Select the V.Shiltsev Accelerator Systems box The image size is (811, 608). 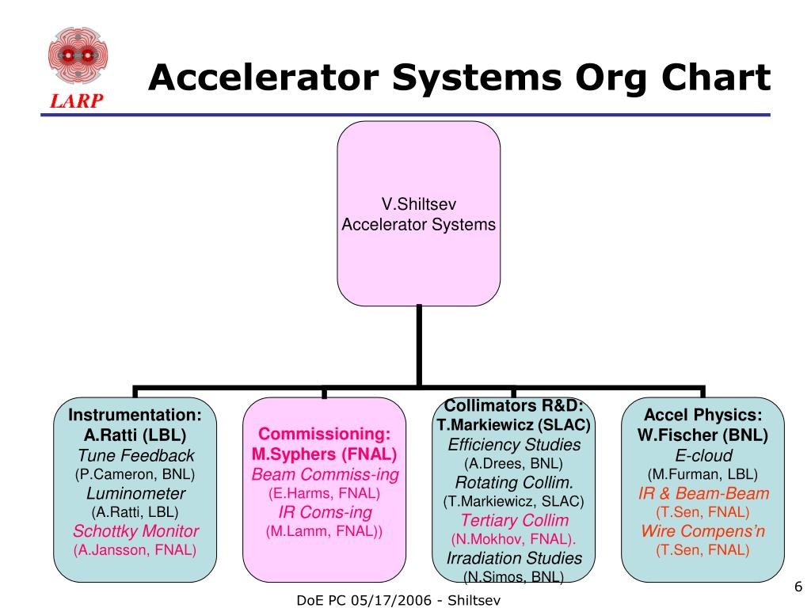pos(418,214)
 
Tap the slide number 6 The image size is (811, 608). pos(798,587)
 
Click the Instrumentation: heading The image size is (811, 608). pos(135,416)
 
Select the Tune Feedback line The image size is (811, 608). pos(135,455)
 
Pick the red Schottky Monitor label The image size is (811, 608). pos(135,531)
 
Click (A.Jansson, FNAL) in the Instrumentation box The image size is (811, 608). pos(135,549)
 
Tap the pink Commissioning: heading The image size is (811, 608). pos(325,435)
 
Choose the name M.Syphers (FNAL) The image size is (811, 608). pos(325,454)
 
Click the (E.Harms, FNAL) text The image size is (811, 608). pos(325,492)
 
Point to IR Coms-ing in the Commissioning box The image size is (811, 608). pos(325,511)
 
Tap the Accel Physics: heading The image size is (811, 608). pos(702,416)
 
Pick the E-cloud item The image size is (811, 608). pos(702,455)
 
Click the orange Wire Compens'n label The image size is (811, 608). pos(702,531)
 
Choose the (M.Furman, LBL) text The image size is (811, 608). pos(702,474)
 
